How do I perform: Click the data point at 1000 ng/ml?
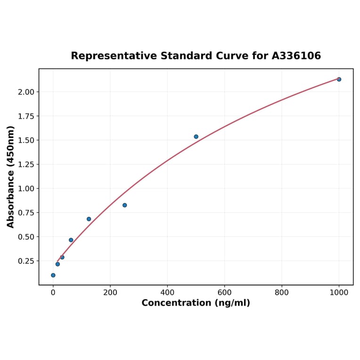(339, 79)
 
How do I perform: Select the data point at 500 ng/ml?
(196, 137)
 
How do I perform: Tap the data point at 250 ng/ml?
(124, 205)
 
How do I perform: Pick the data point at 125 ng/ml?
(89, 219)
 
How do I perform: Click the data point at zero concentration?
(53, 275)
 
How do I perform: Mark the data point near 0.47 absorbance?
(71, 240)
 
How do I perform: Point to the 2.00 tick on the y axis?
(26, 92)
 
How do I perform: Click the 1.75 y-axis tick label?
(26, 116)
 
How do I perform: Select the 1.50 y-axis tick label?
(26, 140)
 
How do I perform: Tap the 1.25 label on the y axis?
(26, 164)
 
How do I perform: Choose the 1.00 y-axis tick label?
(26, 188)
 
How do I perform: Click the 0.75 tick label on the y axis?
(26, 213)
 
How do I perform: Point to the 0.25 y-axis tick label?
(26, 261)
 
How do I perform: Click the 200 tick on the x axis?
(110, 292)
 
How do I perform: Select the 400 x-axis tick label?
(167, 292)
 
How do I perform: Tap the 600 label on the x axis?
(224, 292)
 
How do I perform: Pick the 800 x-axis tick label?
(282, 292)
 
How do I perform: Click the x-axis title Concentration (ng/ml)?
(196, 303)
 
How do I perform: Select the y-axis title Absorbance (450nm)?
(11, 177)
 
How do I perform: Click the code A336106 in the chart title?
(296, 56)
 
